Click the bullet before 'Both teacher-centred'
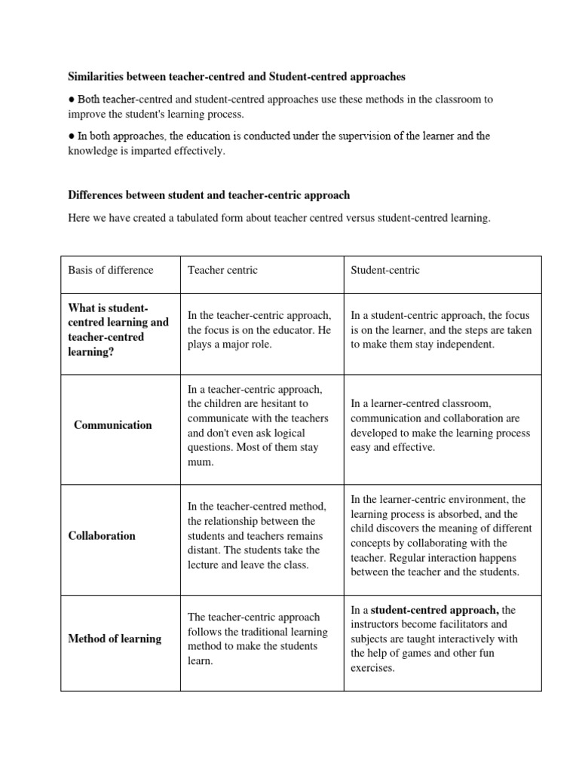tap(71, 100)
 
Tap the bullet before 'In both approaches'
tap(71, 136)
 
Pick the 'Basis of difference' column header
tap(110, 270)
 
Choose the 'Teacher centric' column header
tap(222, 270)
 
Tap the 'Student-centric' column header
tap(385, 270)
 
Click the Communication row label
tap(112, 424)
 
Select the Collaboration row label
tap(102, 535)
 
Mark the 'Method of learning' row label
tap(115, 639)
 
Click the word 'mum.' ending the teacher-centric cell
tap(201, 462)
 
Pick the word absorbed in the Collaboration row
tap(459, 513)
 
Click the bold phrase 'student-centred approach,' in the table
tap(434, 610)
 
